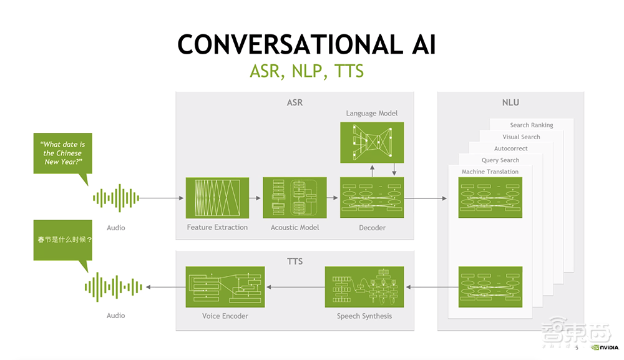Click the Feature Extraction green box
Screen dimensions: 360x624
217,198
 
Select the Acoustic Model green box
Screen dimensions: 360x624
295,198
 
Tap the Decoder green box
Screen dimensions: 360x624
372,198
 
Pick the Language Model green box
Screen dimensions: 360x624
372,142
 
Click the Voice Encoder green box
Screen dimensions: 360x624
225,286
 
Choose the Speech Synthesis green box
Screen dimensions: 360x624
364,286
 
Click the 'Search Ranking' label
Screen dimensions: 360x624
532,125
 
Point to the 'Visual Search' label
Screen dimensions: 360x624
521,137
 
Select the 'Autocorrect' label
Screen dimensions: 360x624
510,148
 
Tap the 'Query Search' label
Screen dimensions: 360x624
500,160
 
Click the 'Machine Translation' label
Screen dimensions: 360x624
490,172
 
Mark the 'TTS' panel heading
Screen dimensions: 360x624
295,261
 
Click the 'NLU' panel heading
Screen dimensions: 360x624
510,102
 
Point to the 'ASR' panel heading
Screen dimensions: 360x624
295,102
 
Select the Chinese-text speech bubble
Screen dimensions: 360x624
64,240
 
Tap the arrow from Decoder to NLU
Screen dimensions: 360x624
426,198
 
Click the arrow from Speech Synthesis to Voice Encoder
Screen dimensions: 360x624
295,287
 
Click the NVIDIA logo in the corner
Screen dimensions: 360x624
604,348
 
